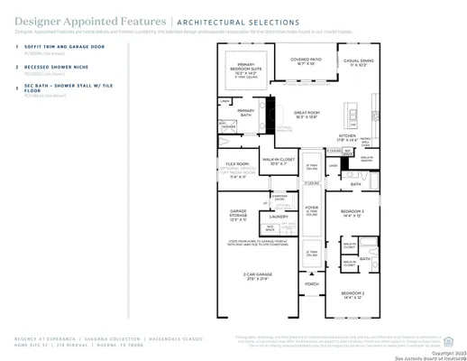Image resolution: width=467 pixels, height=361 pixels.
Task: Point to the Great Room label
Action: (308, 115)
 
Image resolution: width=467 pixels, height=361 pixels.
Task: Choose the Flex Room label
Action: (237, 166)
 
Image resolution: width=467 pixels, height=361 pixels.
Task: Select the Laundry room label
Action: (278, 217)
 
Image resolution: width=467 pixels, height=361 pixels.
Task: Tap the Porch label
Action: (311, 283)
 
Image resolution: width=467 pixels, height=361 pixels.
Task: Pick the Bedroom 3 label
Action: (353, 212)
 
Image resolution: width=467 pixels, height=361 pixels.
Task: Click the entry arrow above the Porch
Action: (311, 271)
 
